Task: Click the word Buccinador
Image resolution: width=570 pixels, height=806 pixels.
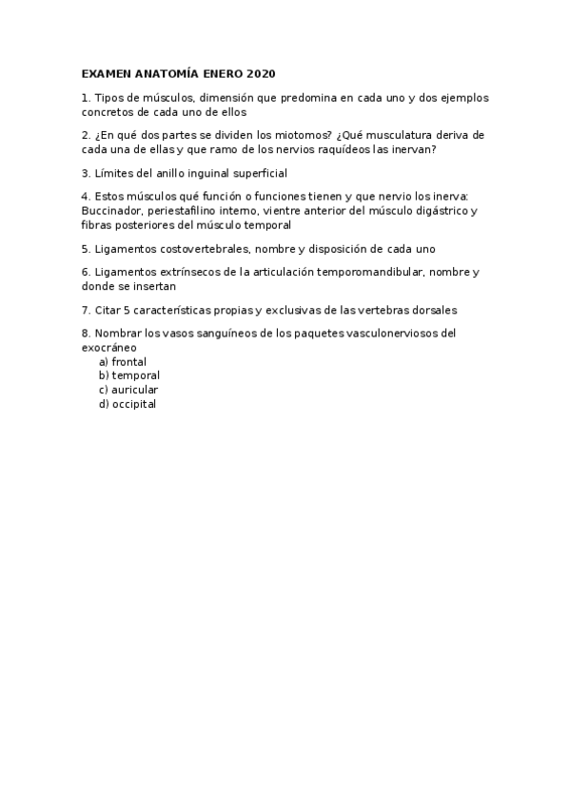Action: [x=111, y=211]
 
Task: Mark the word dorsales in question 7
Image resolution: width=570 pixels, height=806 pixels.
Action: [x=431, y=310]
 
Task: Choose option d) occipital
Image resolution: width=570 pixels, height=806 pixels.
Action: [x=128, y=404]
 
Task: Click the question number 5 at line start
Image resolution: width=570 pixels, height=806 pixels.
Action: [x=86, y=249]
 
